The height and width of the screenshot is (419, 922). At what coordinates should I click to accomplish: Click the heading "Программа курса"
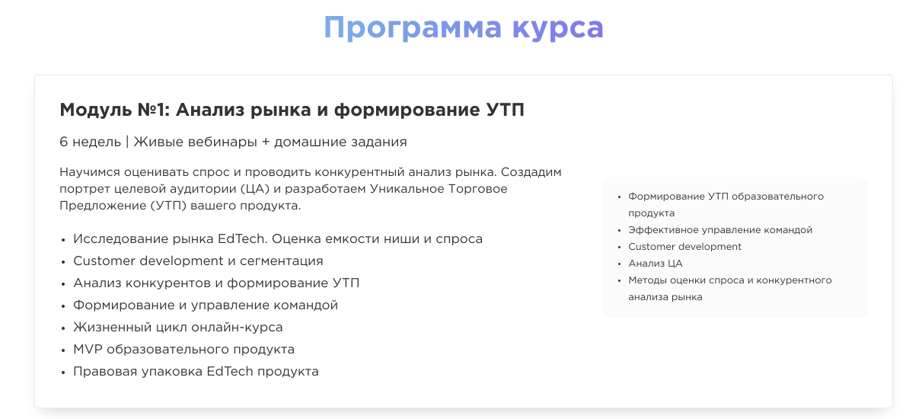tap(463, 27)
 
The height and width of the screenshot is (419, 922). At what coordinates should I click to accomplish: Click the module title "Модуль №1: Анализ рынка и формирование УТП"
tap(292, 110)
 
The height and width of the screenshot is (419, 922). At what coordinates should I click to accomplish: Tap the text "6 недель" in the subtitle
tap(90, 142)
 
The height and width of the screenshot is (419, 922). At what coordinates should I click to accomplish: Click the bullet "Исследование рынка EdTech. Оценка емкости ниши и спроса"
tap(278, 238)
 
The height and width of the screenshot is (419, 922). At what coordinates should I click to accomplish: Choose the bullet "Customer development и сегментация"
tap(198, 261)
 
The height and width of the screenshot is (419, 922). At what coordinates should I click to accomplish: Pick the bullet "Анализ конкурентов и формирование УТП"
tap(216, 283)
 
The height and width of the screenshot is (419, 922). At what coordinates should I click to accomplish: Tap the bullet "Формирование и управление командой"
tap(206, 305)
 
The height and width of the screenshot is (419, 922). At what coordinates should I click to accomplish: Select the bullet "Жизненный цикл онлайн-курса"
tap(178, 327)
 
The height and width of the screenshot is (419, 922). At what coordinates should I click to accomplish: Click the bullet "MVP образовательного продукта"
tap(183, 349)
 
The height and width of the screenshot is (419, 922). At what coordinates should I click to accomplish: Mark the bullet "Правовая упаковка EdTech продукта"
tap(196, 371)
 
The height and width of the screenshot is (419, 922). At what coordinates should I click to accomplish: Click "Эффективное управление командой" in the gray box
tap(720, 230)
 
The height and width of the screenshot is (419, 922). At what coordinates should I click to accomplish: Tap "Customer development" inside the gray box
tap(684, 247)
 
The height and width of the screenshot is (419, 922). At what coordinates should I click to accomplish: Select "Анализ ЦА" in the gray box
tap(656, 264)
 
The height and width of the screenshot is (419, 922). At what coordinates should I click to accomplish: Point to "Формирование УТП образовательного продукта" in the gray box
tap(726, 197)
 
